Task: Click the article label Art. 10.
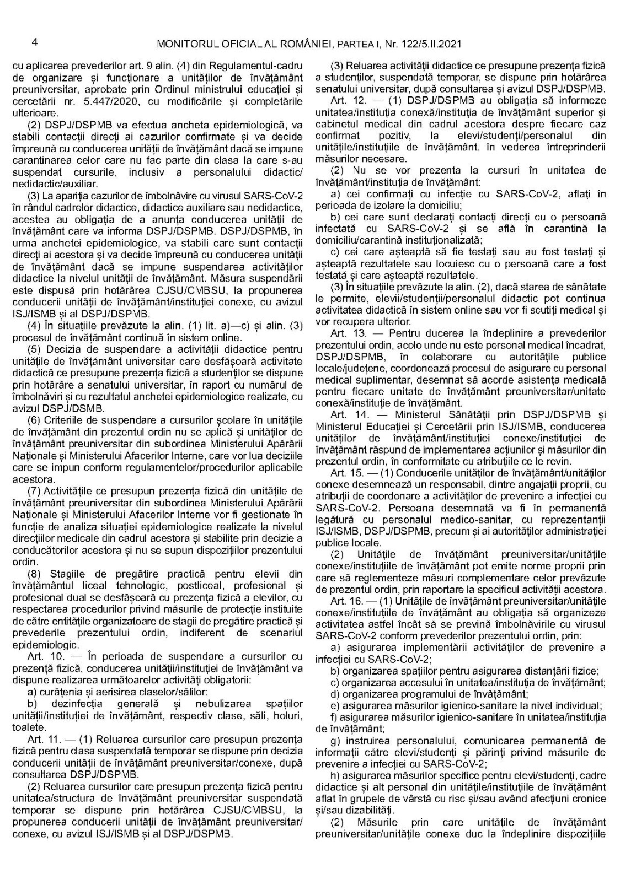[x=45, y=656]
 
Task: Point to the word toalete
[x=27, y=726]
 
